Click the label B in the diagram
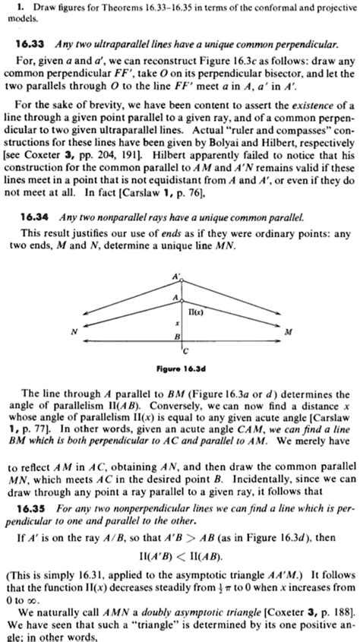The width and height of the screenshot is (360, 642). (x=177, y=336)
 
